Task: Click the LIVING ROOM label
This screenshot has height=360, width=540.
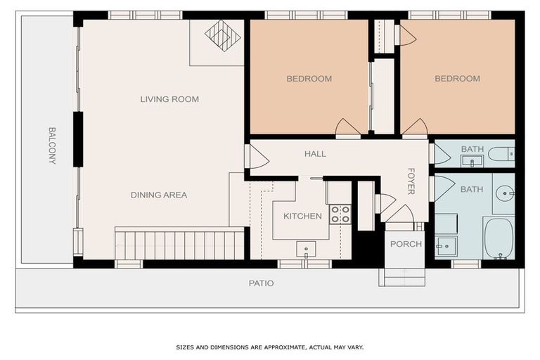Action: point(169,99)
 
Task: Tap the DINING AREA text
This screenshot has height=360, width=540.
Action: point(159,195)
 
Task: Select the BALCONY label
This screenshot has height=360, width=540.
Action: point(52,146)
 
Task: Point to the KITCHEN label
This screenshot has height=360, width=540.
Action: point(303,216)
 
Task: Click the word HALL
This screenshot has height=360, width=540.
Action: point(315,154)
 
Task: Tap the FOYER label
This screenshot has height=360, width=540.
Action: point(411,181)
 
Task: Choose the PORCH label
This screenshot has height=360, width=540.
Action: point(406,244)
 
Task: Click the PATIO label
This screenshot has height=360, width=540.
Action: point(262,283)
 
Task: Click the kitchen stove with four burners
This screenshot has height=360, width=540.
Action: point(340,214)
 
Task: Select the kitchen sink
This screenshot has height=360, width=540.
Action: point(306,250)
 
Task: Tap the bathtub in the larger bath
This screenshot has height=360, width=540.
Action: point(499,238)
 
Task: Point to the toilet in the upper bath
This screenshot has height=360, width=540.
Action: point(501,154)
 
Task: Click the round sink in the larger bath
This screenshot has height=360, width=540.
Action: point(505,193)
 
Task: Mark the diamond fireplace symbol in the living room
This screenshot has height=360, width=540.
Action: point(222,35)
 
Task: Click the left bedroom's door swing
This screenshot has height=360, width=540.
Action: point(347,127)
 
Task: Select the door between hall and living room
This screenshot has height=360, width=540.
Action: point(257,156)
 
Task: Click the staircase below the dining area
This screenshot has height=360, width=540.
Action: point(179,243)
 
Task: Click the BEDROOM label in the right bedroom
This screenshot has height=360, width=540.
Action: point(457,79)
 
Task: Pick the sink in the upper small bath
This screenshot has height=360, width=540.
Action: point(472,161)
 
